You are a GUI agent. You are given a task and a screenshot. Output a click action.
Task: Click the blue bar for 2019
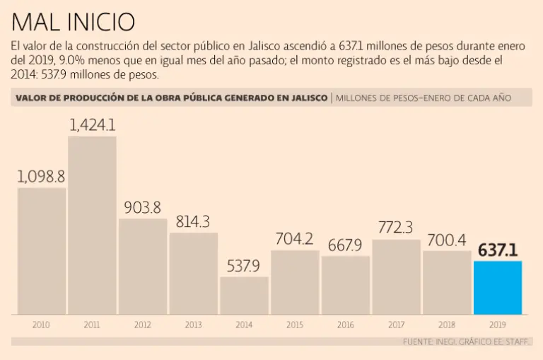coord(497,288)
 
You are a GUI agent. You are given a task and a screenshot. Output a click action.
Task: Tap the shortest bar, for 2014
coord(244,296)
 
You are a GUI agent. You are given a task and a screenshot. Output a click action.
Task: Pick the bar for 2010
coord(42,250)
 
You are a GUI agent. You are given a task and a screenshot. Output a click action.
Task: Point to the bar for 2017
coord(396,277)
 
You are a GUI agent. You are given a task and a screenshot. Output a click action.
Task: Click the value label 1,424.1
coord(92,125)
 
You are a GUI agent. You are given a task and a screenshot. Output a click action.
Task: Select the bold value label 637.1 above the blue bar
coord(497,250)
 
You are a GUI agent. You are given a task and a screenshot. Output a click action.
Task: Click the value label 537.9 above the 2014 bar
coord(244,266)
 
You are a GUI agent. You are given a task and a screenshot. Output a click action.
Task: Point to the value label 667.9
coord(345,245)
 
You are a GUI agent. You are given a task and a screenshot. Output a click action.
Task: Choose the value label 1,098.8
coord(42,176)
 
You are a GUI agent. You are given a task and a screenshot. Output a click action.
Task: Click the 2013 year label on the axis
coord(193,325)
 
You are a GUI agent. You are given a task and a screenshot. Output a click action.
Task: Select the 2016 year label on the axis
coord(345,325)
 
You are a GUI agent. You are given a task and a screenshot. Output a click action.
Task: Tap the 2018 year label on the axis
coord(446,325)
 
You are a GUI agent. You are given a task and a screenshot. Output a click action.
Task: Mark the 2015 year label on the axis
coord(294,325)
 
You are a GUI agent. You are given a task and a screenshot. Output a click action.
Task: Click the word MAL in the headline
coord(36,22)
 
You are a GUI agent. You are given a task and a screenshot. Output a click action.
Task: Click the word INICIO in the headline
coord(100,22)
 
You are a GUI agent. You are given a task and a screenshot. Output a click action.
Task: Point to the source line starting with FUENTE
coord(466,342)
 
